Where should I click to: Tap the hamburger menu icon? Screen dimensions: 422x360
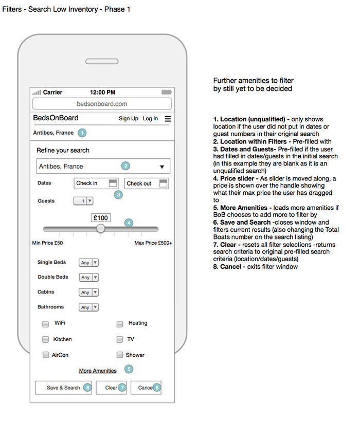pos(168,119)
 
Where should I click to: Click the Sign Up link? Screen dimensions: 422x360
pos(128,119)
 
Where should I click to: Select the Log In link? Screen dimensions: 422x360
pos(150,119)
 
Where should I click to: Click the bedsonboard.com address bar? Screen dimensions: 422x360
pos(102,104)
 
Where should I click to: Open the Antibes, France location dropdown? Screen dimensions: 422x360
pos(103,167)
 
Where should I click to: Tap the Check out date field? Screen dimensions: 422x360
pos(147,184)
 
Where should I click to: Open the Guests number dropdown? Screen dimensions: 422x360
pos(84,201)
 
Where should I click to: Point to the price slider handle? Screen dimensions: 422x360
pos(101,229)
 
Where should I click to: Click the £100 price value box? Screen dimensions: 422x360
pos(101,218)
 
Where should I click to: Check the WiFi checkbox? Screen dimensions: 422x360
pos(46,324)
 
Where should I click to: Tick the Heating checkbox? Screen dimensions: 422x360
pos(120,324)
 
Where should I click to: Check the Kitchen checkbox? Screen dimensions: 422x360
pos(46,340)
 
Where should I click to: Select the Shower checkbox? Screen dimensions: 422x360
pos(120,355)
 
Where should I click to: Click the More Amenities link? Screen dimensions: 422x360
pos(98,371)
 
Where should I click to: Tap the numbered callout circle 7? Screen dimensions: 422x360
pos(122,388)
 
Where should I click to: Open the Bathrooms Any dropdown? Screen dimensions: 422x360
pos(88,307)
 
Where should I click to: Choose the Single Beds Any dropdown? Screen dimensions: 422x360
pos(88,263)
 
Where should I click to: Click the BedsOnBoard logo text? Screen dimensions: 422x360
pos(56,118)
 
